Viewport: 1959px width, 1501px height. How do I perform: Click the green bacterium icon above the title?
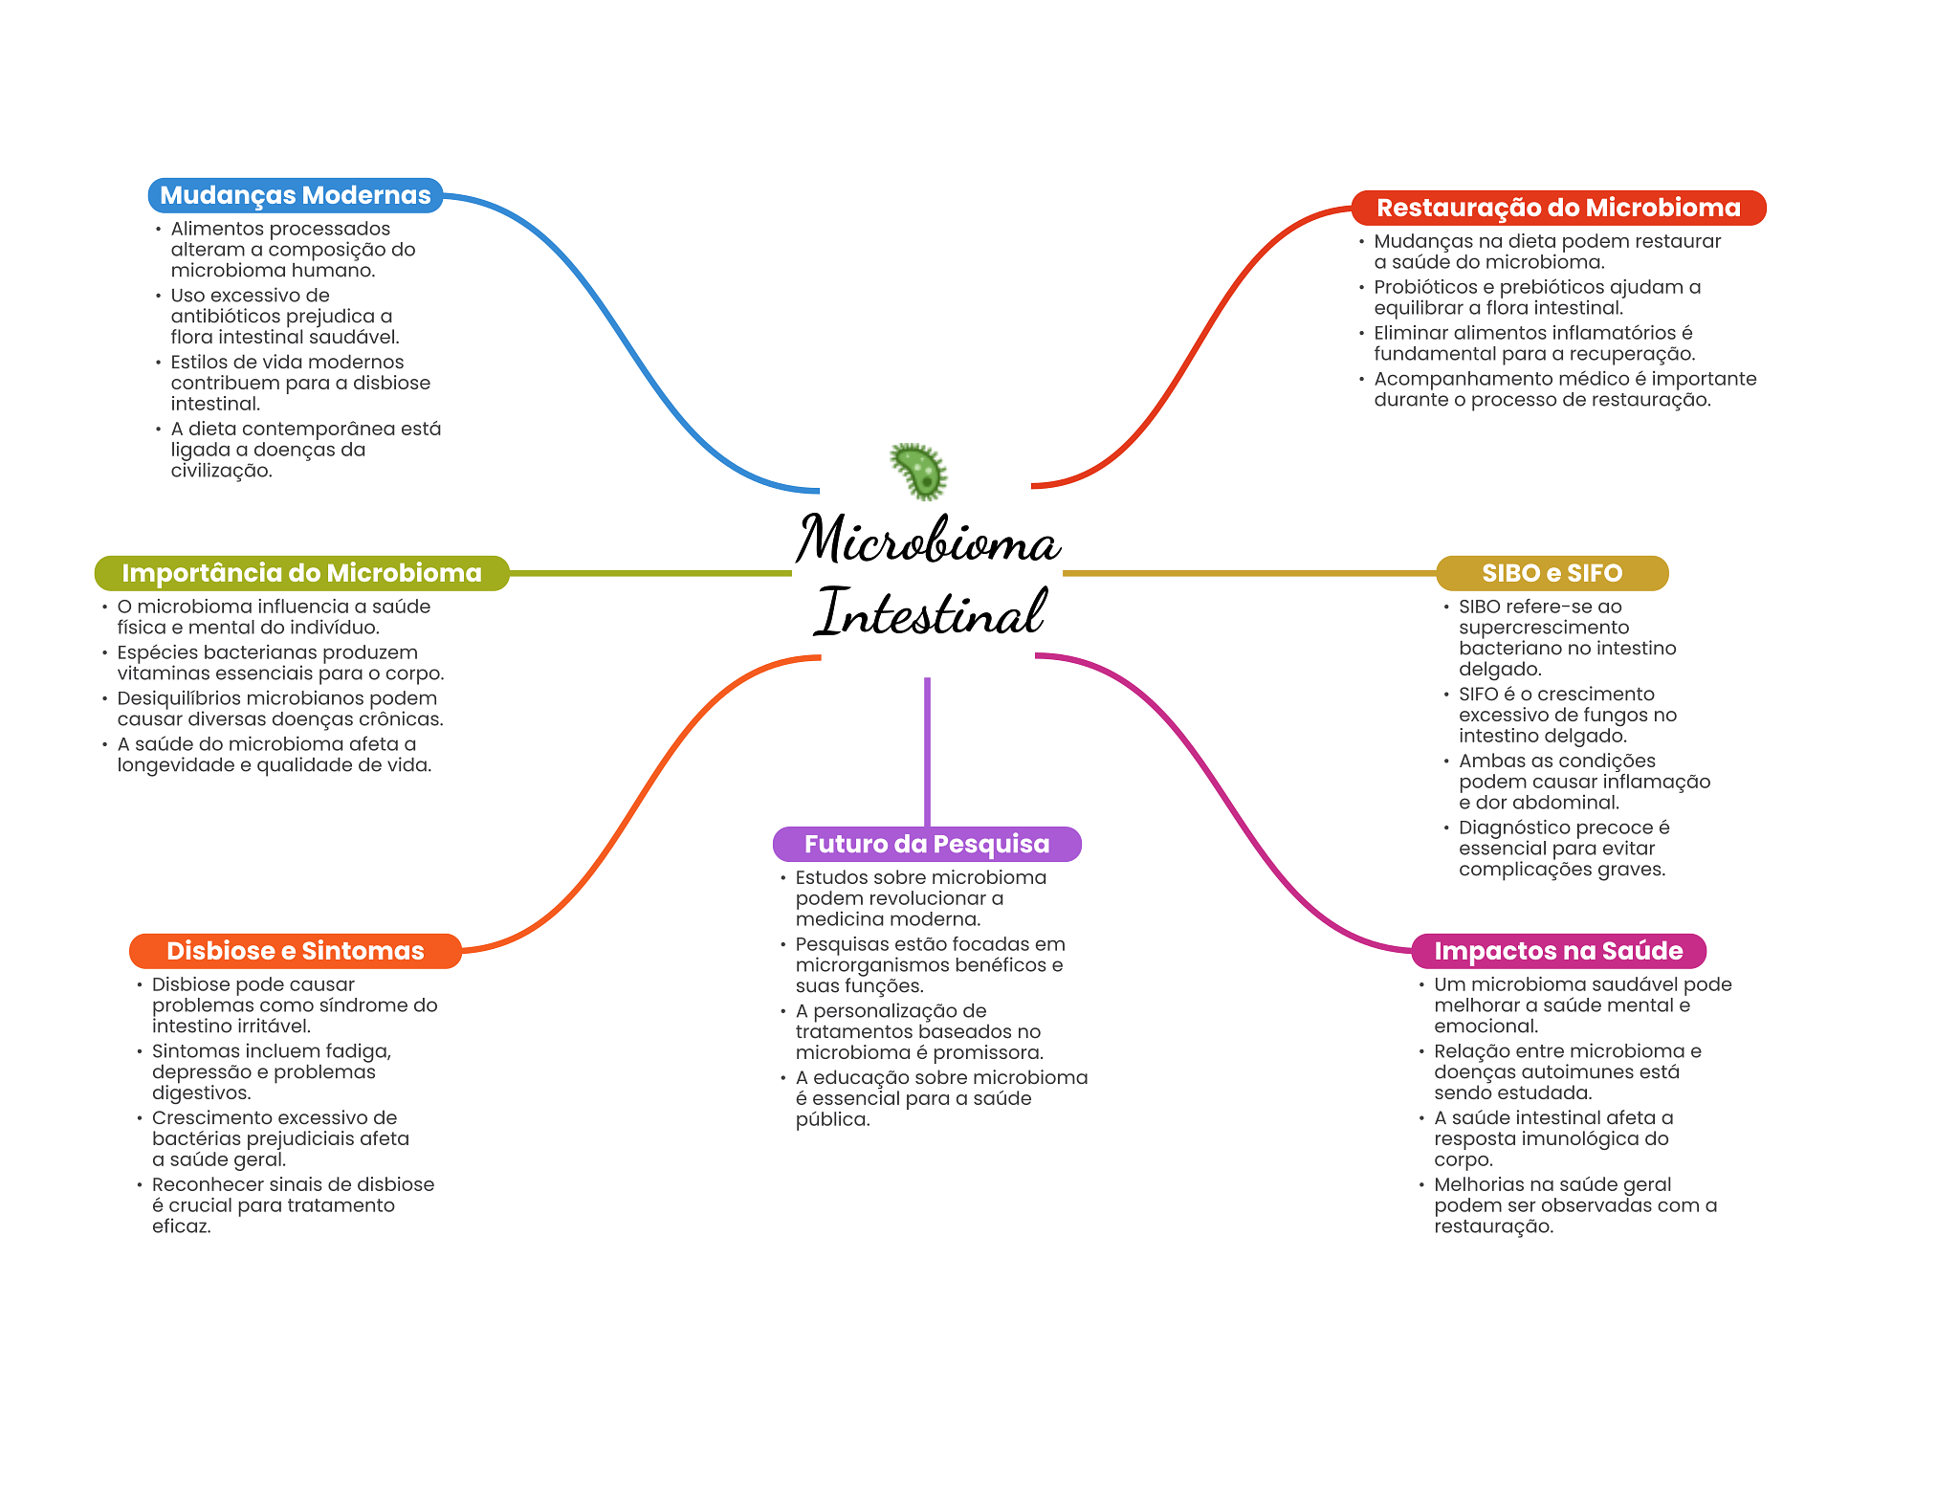pos(919,471)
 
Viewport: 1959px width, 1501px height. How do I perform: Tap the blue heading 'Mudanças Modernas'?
pos(296,195)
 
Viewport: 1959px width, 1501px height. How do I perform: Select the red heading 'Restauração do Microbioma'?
pos(1558,208)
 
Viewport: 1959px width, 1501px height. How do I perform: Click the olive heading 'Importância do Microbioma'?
pos(301,573)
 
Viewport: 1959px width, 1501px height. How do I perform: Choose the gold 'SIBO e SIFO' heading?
pos(1552,573)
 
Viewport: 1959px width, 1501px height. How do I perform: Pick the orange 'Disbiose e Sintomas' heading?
pos(296,951)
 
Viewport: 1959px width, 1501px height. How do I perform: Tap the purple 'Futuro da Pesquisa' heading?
pos(927,844)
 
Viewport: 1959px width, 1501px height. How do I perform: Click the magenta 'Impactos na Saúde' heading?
pos(1558,951)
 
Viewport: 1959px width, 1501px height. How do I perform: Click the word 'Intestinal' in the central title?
pos(930,612)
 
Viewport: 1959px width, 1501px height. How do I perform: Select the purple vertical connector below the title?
pos(927,752)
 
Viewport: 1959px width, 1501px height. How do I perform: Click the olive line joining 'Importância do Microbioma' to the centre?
pos(650,573)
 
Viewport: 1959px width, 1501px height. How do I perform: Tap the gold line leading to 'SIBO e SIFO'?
pos(1249,573)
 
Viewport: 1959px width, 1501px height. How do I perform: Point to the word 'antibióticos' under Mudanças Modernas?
pos(225,316)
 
